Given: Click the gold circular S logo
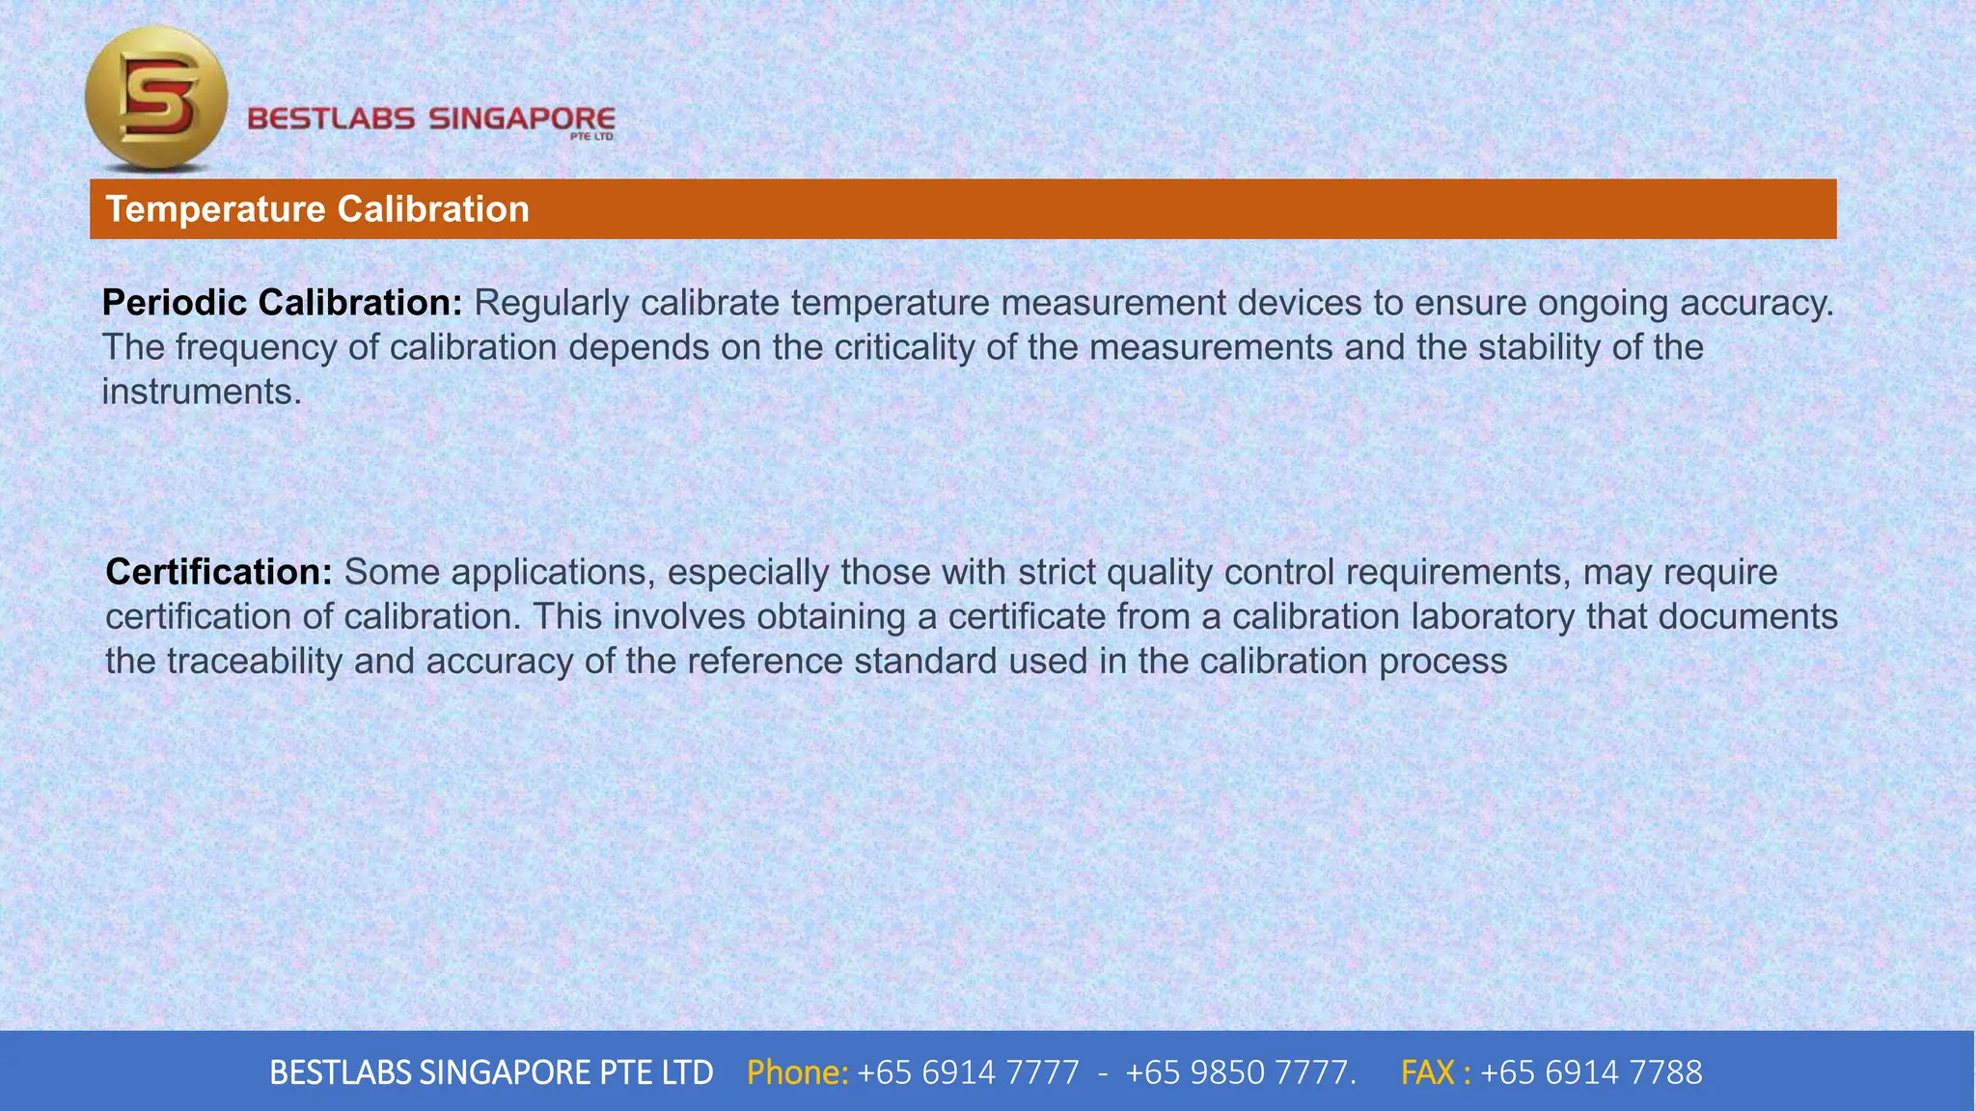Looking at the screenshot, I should [x=156, y=98].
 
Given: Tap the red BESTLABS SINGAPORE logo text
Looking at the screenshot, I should [x=430, y=120].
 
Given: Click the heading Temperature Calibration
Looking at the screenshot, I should [x=317, y=209].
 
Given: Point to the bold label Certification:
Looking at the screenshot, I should [x=219, y=572].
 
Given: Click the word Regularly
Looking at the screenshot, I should [x=551, y=303].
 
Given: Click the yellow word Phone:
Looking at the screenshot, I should [x=797, y=1072].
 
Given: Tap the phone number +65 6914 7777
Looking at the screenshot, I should [x=968, y=1072].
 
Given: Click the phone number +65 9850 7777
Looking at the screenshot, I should [x=1239, y=1072].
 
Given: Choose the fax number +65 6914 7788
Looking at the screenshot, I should [x=1591, y=1072].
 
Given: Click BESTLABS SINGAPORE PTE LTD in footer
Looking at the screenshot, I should [x=491, y=1072].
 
